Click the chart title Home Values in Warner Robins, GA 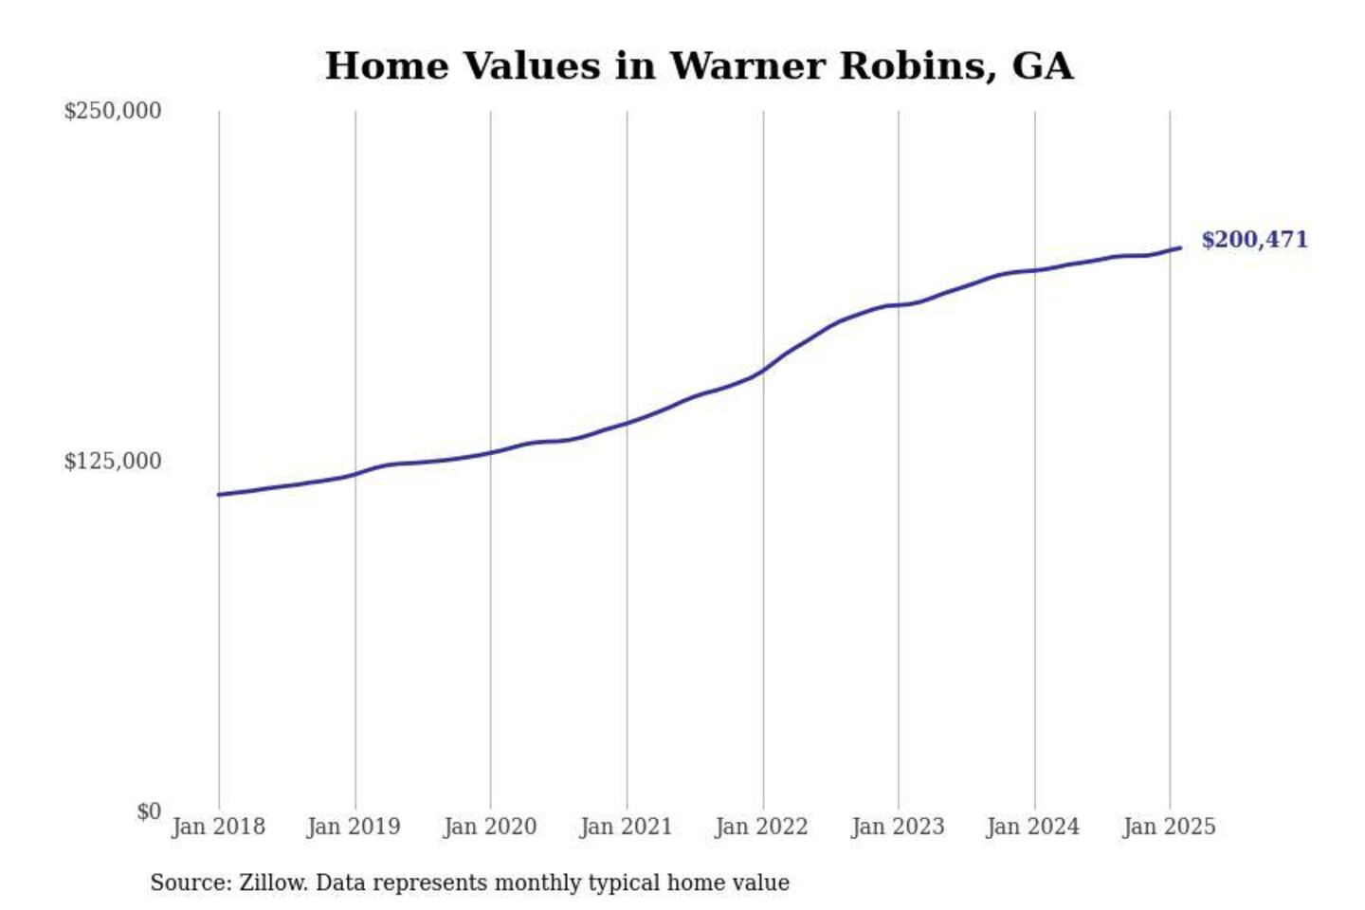click(699, 66)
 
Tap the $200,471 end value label click(1254, 240)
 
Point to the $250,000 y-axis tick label click(113, 111)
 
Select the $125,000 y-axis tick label click(113, 462)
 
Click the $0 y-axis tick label click(149, 811)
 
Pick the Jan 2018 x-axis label click(218, 827)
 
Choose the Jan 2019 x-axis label click(354, 827)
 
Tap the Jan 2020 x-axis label click(490, 827)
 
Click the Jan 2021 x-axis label click(626, 827)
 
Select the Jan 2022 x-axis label click(761, 827)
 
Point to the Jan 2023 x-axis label click(898, 827)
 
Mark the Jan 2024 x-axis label click(1032, 827)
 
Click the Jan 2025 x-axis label click(1169, 827)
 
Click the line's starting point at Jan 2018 click(219, 495)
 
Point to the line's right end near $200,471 click(1179, 248)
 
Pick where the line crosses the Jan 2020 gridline click(490, 452)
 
